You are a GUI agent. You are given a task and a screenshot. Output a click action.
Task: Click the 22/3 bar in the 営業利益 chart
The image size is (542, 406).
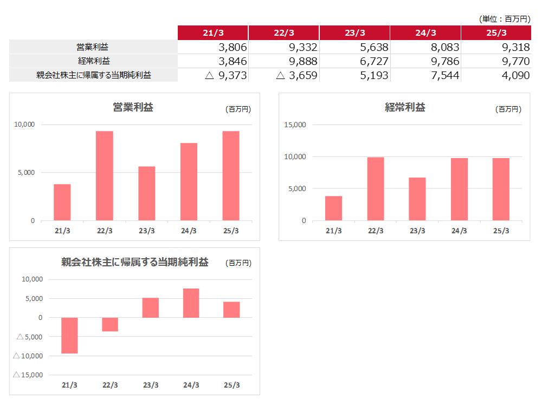click(105, 176)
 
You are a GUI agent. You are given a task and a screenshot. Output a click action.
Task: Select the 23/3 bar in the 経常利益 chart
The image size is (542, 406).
click(417, 199)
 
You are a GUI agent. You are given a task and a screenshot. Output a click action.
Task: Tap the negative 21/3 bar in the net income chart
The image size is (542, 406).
click(69, 336)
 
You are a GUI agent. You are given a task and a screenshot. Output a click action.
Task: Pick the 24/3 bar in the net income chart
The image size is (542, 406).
click(191, 303)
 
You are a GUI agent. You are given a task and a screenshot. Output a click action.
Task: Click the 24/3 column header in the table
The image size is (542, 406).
click(425, 33)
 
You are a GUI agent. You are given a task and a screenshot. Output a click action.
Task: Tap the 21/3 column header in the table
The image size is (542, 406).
click(213, 33)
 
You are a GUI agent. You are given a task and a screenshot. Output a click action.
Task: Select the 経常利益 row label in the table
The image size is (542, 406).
click(94, 61)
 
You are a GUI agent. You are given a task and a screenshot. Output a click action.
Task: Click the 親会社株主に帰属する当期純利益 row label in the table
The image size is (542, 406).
click(93, 75)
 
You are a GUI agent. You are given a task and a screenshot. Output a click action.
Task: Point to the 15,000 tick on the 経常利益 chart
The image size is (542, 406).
click(295, 125)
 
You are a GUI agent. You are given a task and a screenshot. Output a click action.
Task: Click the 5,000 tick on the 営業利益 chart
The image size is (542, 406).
click(25, 173)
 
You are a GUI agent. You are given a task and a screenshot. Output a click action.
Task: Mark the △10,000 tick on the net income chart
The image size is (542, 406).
click(27, 356)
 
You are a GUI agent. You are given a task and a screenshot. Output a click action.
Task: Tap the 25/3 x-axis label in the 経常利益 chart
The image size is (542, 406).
click(501, 231)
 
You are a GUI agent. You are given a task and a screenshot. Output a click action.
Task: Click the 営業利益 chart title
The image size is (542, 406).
click(133, 107)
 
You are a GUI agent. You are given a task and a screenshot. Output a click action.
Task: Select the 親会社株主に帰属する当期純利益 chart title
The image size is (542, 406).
click(135, 263)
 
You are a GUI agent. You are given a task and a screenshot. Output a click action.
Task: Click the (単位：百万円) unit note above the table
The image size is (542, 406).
click(505, 19)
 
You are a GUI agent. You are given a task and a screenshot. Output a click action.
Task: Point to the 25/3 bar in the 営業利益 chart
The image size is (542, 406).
click(231, 176)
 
